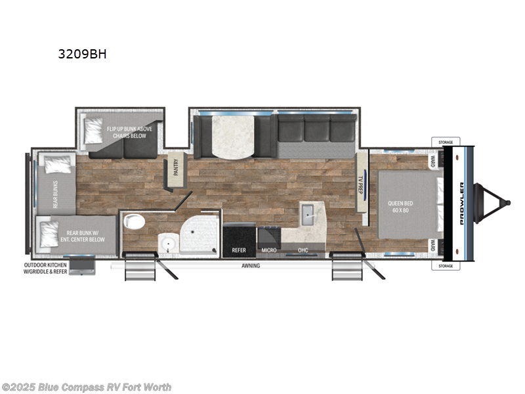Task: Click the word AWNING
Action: click(250, 266)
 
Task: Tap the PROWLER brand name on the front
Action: click(461, 204)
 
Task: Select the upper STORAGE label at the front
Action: click(446, 141)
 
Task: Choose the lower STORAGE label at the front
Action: click(446, 266)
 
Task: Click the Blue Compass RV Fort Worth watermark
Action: click(87, 387)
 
